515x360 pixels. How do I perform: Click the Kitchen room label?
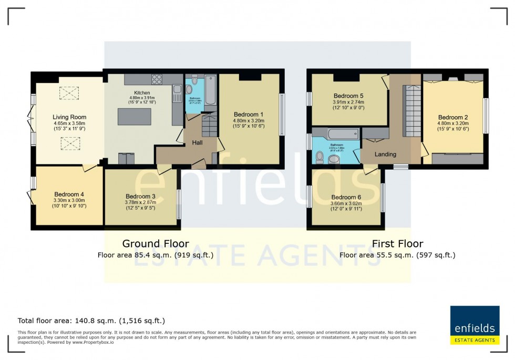(140, 92)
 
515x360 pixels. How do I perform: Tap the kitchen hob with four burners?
(158, 79)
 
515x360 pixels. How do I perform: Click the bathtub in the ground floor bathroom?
(210, 90)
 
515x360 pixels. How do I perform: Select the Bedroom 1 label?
(249, 114)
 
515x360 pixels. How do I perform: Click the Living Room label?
(69, 117)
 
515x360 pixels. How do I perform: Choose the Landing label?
(385, 154)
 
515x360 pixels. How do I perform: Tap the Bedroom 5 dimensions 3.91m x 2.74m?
(348, 102)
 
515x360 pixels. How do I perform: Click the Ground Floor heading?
(156, 243)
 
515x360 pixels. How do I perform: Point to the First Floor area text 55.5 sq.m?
(397, 255)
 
